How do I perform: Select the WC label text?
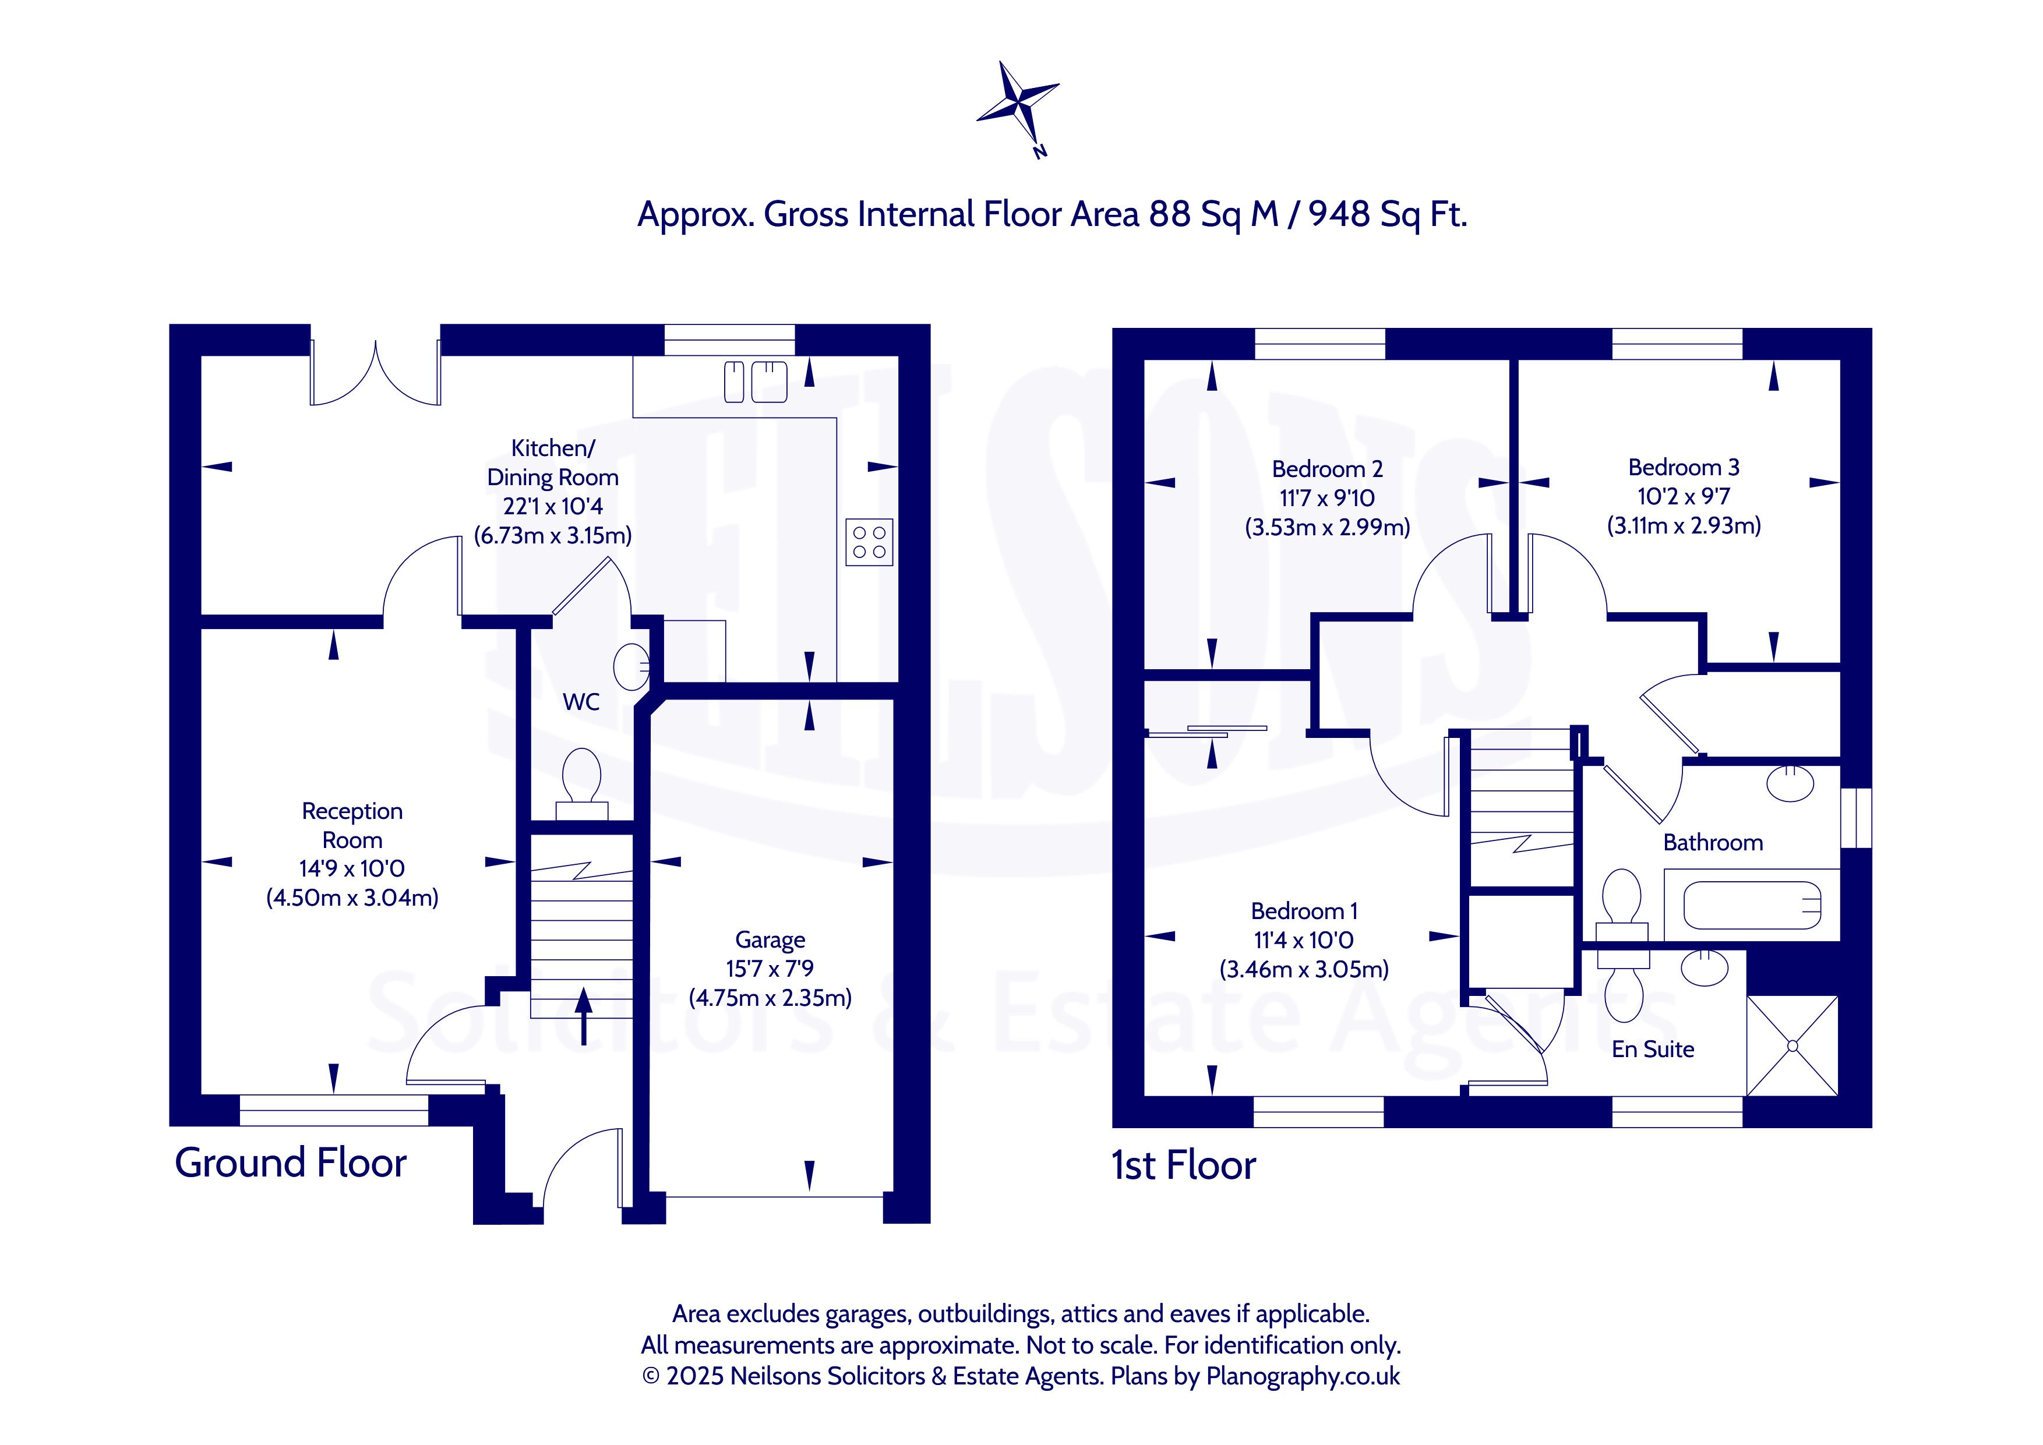(580, 702)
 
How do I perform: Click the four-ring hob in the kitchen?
(869, 542)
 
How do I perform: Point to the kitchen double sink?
(756, 381)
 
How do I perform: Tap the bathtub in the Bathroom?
(1751, 906)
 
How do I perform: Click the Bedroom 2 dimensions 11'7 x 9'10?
(1326, 499)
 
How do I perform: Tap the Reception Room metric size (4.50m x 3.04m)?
(352, 898)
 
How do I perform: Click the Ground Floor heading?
(290, 1163)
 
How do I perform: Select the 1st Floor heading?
(1183, 1165)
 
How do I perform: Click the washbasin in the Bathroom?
(1790, 784)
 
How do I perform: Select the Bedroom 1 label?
(1304, 911)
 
